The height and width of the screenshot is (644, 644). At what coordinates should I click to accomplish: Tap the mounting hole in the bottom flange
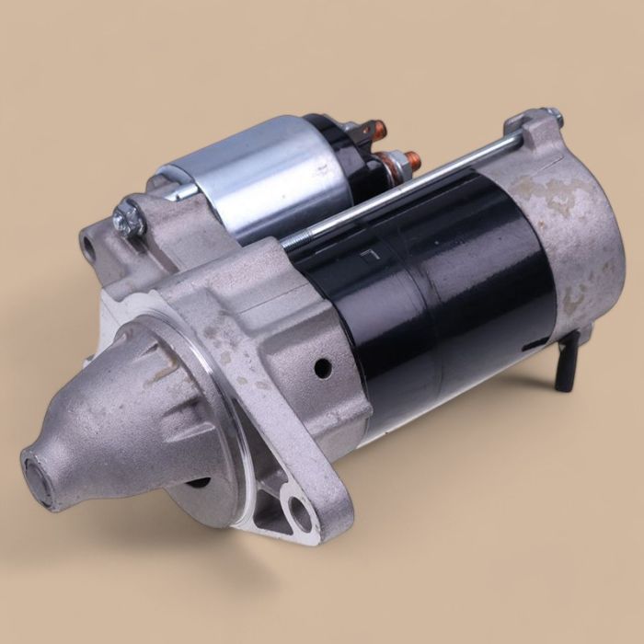coord(296,512)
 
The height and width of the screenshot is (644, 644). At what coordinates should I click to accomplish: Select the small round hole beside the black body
coord(322,368)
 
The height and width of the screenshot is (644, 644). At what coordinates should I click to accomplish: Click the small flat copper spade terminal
coord(373,130)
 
